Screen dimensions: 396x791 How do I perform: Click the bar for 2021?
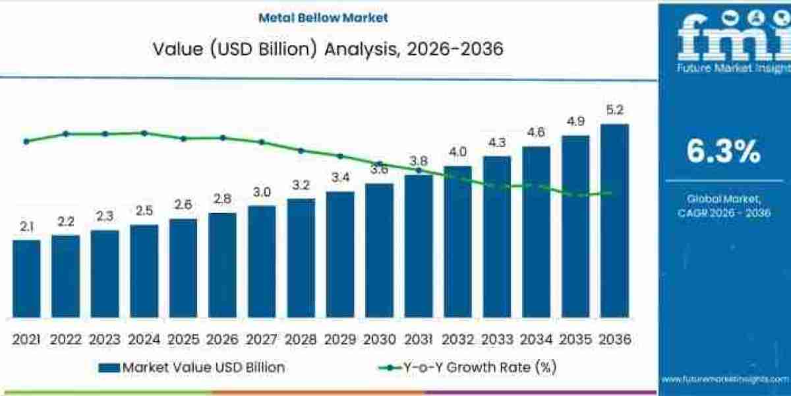pyautogui.click(x=26, y=278)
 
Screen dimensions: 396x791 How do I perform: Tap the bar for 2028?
pyautogui.click(x=301, y=257)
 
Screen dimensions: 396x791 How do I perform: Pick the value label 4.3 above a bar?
pyautogui.click(x=497, y=143)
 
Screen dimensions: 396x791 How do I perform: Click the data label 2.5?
pyautogui.click(x=144, y=211)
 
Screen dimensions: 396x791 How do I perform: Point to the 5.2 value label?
pyautogui.click(x=614, y=110)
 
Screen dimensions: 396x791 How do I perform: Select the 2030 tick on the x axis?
pyautogui.click(x=379, y=339)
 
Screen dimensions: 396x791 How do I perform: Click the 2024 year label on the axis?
pyautogui.click(x=144, y=339)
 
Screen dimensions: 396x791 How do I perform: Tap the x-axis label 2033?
pyautogui.click(x=497, y=339)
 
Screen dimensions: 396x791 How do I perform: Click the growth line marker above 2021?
pyautogui.click(x=26, y=141)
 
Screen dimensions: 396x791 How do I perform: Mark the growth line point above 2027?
pyautogui.click(x=262, y=142)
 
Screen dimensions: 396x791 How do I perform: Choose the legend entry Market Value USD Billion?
pyautogui.click(x=192, y=368)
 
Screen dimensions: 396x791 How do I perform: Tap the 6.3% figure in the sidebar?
pyautogui.click(x=723, y=152)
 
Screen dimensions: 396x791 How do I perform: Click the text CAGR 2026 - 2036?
pyautogui.click(x=724, y=213)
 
